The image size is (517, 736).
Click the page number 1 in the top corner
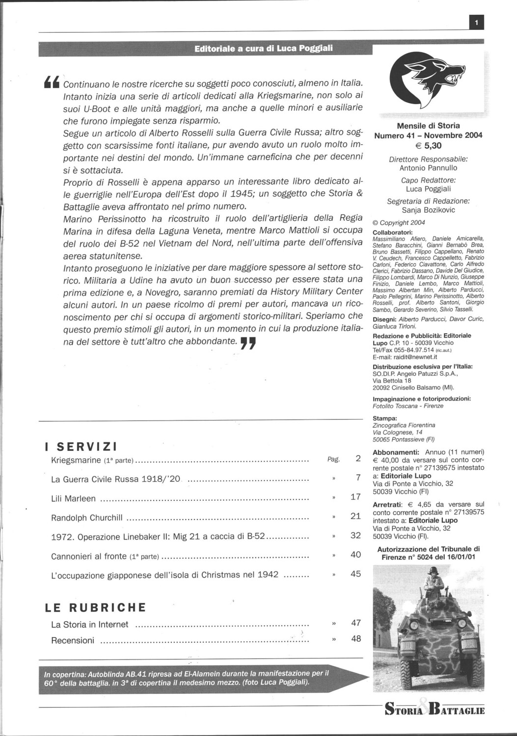pos(476,22)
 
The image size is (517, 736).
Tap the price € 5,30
pos(428,145)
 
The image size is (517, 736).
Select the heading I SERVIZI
pos(81,447)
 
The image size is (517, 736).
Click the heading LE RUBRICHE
pos(95,607)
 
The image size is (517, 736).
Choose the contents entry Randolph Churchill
pos(86,517)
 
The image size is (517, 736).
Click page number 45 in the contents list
pos(355,574)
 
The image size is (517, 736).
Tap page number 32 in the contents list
pos(355,535)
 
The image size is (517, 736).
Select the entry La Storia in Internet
pos(89,625)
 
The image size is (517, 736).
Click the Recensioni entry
pos(73,640)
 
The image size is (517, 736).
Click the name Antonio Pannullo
pos(428,168)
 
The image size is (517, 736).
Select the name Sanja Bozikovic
pos(428,210)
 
